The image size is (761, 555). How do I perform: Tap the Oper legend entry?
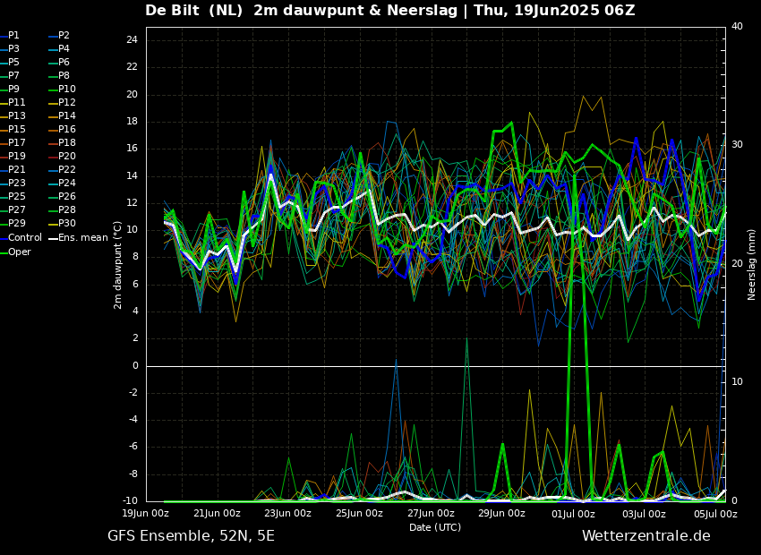[20, 252]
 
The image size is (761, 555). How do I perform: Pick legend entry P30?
[66, 224]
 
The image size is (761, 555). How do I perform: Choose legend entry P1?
[13, 36]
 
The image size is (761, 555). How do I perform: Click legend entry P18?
[66, 143]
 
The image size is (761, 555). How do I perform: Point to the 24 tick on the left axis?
[132, 40]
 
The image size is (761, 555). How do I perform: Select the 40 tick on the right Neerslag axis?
[737, 27]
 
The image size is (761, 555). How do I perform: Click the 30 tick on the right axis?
[737, 145]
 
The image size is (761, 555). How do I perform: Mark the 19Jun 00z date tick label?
[145, 514]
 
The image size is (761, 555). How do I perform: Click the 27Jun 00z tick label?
[431, 514]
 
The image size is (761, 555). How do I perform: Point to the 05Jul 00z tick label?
[715, 514]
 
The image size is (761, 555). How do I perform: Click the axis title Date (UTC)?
[435, 527]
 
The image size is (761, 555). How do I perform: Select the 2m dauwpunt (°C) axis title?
[118, 264]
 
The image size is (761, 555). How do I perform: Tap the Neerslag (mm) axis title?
[752, 264]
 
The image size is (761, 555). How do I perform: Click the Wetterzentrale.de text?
[646, 536]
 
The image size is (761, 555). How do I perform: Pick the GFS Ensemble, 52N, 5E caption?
[191, 536]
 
